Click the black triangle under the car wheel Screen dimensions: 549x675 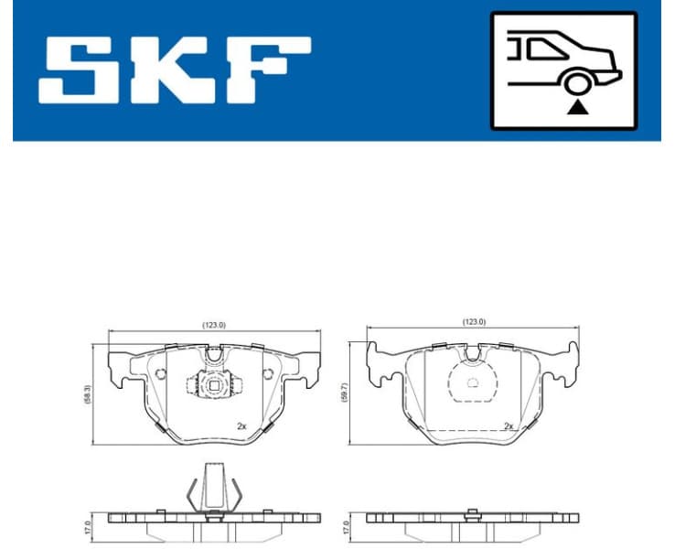(576, 107)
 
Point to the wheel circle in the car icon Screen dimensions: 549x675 (576, 85)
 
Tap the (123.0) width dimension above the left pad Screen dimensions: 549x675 (214, 324)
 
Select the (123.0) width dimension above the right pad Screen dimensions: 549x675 (474, 322)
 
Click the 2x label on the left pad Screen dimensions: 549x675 (241, 426)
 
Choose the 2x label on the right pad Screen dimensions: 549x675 (509, 426)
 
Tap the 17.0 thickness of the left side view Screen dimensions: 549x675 (88, 528)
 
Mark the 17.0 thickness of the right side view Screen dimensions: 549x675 (346, 528)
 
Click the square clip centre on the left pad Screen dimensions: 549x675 (213, 384)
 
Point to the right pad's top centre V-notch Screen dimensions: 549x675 (473, 352)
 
